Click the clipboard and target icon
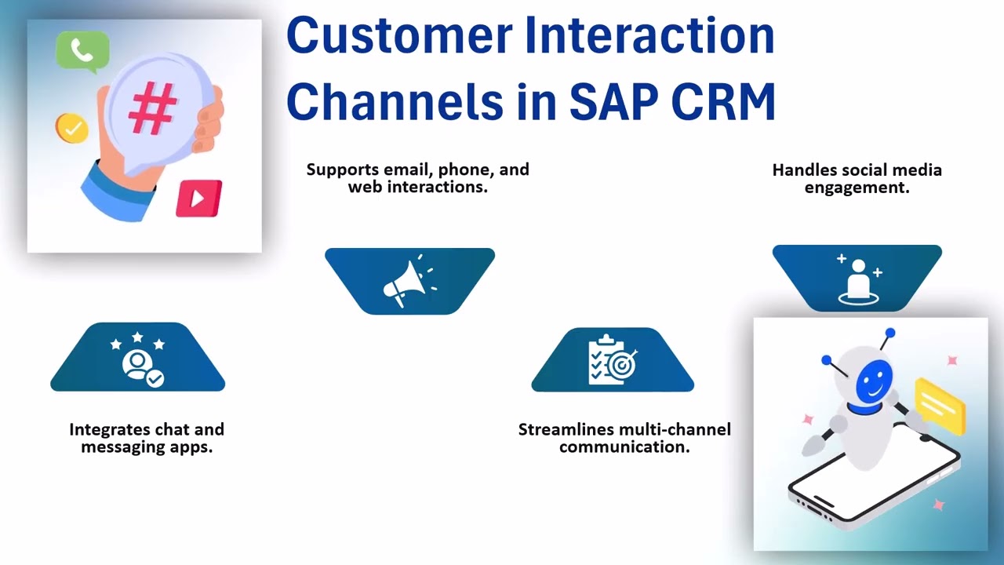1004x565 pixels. tap(613, 360)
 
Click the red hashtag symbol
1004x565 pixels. tap(152, 108)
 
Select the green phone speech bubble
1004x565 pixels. tap(82, 51)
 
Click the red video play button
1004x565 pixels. tap(198, 198)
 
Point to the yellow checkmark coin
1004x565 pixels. tap(72, 128)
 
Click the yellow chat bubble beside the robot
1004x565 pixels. tap(940, 406)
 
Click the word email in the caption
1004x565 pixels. tap(408, 169)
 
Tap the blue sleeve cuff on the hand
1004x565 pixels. tap(116, 190)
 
